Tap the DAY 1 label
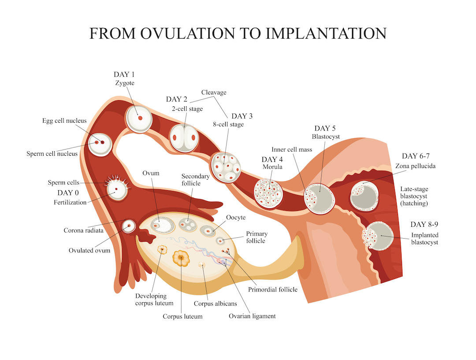pos(124,75)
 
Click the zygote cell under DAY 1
pos(139,118)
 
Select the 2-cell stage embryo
pos(184,138)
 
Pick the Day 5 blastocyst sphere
pos(319,199)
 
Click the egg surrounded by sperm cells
pos(116,190)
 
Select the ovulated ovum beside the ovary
pos(129,226)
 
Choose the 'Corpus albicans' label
pos(216,304)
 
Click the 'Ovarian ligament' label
pos(252,316)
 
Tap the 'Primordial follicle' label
pos(273,289)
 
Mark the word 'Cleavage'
pos(214,93)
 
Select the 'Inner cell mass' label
pos(292,150)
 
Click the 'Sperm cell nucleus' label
pos(52,154)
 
